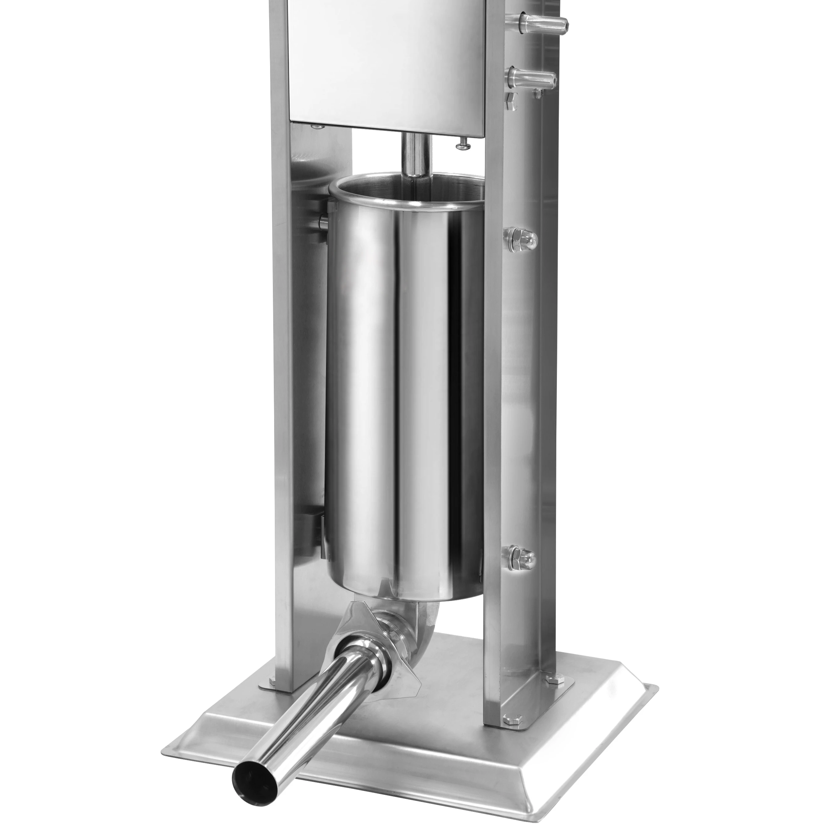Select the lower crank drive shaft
point(530,79)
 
